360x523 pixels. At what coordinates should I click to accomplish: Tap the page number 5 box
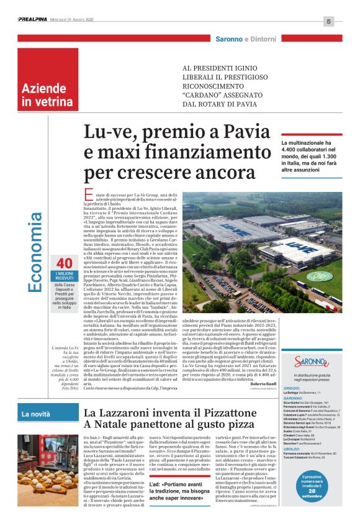coord(328,22)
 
